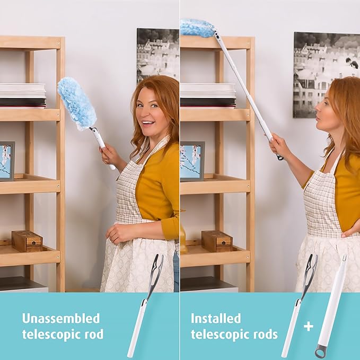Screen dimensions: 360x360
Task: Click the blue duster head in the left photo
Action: coord(76,103)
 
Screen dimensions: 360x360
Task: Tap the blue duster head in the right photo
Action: coord(197,28)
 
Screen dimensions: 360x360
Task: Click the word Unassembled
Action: coord(60,319)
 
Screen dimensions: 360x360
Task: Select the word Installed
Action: coord(215,319)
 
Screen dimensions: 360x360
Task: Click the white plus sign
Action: coord(308,327)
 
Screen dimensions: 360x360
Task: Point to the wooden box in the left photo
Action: coord(27,241)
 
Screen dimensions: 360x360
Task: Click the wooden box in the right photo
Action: coord(216,241)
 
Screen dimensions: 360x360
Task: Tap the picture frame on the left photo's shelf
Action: coord(7,161)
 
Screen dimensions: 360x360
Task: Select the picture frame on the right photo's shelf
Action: coord(192,161)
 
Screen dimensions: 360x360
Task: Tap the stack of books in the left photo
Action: coord(22,95)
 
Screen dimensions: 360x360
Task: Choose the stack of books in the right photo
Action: coord(208,95)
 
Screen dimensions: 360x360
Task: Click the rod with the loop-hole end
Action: coord(331,308)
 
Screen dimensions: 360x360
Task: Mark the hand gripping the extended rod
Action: coord(279,146)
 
